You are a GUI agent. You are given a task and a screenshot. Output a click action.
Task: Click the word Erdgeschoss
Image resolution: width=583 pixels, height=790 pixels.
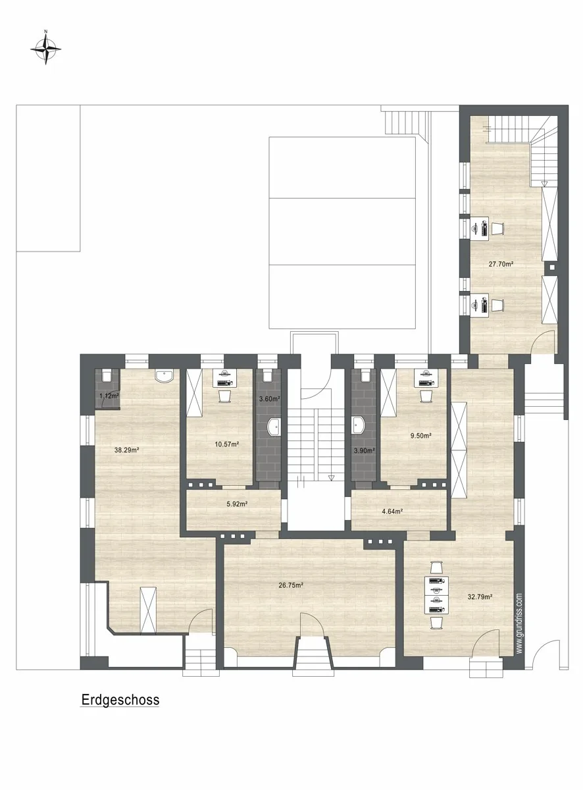point(120,700)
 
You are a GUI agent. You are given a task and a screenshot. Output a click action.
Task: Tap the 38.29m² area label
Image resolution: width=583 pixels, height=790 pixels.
point(126,450)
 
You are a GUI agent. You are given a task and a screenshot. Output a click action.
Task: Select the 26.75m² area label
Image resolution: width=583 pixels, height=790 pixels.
point(291,585)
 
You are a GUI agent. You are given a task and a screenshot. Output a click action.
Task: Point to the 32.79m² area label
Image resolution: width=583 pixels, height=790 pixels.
point(480,596)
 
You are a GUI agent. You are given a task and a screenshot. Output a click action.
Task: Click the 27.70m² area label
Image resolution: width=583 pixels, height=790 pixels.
point(501,264)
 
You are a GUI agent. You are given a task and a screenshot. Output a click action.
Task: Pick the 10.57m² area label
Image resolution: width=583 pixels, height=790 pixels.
point(226,444)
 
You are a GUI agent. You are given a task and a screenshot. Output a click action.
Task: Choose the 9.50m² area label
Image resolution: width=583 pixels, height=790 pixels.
point(421,435)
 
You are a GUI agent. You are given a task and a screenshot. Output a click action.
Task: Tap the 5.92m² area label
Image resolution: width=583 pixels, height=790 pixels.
point(237,504)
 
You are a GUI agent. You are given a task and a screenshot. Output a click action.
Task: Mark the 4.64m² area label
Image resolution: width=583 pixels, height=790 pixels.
point(392,511)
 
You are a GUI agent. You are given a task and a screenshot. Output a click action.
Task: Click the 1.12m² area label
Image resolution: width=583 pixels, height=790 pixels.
point(109,396)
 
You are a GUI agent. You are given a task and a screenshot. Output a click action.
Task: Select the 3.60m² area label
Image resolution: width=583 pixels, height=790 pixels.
point(269,399)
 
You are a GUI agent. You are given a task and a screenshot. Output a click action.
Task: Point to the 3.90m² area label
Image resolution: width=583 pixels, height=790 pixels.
point(364,450)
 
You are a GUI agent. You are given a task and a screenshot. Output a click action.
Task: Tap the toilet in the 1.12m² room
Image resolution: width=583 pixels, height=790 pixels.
point(107,375)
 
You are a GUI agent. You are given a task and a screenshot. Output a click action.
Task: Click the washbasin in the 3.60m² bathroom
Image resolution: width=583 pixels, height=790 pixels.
point(274,427)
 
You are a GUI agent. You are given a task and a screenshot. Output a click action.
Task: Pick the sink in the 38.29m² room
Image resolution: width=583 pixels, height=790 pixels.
point(165,375)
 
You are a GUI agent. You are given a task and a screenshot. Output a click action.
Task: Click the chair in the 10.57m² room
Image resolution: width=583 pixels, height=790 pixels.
point(224,396)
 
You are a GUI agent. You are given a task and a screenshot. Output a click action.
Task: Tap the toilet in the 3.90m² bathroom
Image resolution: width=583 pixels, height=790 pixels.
point(365,375)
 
